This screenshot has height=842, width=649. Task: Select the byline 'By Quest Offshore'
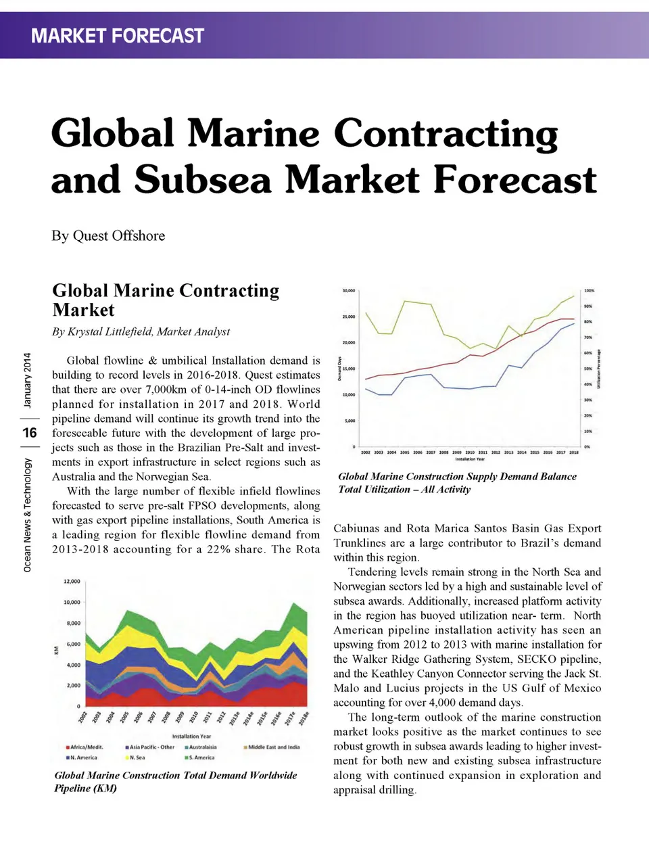108,236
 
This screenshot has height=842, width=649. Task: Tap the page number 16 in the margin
30,433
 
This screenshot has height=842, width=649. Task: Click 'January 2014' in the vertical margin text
27,380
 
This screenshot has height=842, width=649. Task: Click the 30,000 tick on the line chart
349,291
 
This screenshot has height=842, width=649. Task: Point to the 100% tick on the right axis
590,291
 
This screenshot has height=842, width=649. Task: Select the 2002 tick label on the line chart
366,452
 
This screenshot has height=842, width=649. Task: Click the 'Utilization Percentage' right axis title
599,369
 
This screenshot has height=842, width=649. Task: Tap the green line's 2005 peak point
405,301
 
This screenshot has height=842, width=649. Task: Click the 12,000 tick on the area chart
72,582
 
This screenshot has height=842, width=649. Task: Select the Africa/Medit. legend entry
86,747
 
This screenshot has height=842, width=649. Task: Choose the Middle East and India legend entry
273,747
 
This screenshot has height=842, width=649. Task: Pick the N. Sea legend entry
137,757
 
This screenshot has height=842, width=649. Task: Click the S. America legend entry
201,757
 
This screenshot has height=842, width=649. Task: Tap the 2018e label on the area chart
304,718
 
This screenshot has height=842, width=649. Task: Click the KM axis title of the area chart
56,651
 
